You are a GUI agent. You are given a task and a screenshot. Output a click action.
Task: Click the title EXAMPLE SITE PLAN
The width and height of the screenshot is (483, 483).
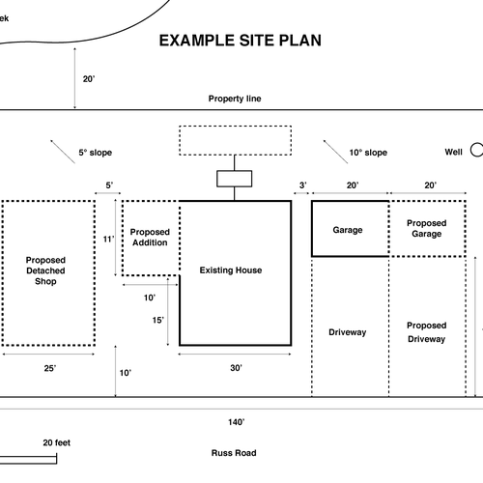(241, 41)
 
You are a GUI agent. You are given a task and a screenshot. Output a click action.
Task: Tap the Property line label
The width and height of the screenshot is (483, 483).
(235, 99)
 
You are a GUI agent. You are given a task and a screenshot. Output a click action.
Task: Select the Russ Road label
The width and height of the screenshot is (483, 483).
(234, 453)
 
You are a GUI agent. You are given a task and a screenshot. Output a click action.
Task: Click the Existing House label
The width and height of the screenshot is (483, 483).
(231, 270)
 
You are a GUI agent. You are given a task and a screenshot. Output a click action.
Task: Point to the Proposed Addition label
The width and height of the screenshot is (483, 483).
(150, 237)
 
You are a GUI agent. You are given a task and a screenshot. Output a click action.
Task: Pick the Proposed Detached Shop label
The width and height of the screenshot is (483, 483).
(45, 270)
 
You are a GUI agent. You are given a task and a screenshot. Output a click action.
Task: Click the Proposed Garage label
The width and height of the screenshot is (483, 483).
(427, 228)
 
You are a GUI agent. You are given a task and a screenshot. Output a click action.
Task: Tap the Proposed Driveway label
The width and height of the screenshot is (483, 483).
(427, 332)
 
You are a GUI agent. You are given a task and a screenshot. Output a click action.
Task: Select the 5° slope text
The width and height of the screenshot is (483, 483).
(96, 153)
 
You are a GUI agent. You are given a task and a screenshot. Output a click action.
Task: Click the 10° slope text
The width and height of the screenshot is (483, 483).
(368, 153)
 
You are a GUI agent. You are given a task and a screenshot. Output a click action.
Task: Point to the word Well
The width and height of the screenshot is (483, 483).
(453, 152)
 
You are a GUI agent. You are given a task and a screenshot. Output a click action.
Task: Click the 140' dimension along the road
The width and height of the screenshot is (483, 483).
(237, 422)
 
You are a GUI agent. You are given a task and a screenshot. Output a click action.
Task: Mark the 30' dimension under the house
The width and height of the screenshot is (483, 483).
(236, 368)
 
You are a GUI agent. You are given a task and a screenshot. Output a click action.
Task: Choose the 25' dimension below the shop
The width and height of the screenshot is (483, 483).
(50, 368)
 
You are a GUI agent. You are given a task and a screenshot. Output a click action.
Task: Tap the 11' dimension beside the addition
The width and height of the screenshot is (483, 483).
(108, 239)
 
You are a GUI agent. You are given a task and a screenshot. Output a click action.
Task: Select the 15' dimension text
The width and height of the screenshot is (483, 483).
(157, 320)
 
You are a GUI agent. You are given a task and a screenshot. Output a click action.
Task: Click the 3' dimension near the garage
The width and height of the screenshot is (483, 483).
(302, 185)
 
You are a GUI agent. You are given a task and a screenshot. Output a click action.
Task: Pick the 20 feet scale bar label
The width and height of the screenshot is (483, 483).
(57, 442)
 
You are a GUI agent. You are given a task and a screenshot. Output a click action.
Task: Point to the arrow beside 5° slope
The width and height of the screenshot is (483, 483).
(63, 152)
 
